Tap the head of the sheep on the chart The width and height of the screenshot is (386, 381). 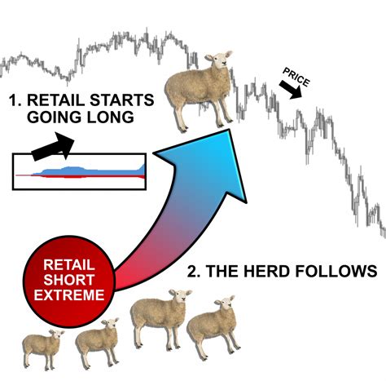pos(215,61)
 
